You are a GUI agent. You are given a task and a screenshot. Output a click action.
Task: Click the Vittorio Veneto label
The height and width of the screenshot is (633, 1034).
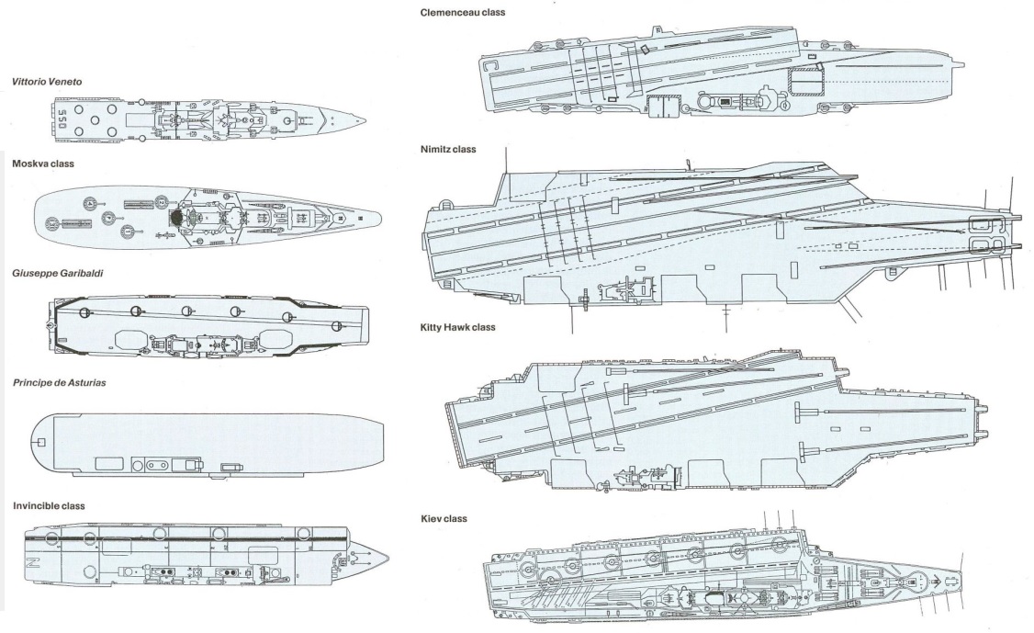(x=47, y=82)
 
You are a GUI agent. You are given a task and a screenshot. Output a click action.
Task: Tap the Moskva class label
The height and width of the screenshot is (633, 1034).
(x=43, y=164)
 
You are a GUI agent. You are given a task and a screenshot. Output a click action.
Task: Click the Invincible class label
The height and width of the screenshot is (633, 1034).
(x=49, y=505)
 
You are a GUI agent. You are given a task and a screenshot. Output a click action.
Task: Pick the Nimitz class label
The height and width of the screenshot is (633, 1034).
(x=448, y=149)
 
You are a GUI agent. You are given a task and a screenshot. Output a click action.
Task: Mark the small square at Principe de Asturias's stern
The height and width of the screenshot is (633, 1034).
(x=42, y=443)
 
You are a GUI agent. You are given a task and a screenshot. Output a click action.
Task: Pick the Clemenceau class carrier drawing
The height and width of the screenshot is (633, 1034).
(x=716, y=73)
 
